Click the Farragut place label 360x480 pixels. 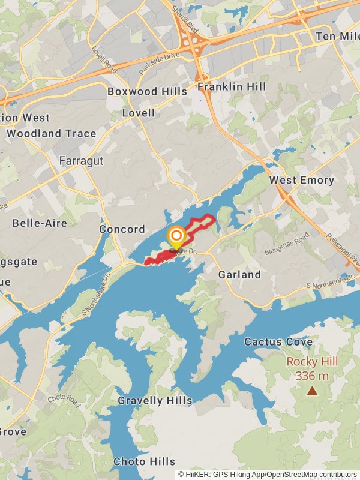[x=82, y=161]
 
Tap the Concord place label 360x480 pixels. [x=122, y=229]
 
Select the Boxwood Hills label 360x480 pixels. [x=147, y=92]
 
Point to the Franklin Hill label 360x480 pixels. [x=232, y=87]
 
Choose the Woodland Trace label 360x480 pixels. [x=52, y=134]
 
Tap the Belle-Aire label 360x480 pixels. [x=40, y=223]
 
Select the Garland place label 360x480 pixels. [x=239, y=275]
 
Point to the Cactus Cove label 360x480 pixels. [x=278, y=342]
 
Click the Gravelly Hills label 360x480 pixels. [x=155, y=401]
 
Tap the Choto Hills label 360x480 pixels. [x=145, y=461]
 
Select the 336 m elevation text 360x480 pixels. [x=312, y=376]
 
